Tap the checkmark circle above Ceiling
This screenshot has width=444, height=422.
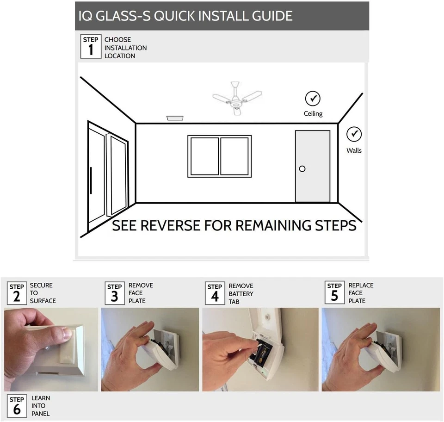[313, 99]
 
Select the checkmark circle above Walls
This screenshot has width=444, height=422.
[354, 135]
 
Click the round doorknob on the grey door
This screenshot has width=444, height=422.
[302, 169]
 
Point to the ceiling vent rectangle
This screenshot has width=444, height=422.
[175, 118]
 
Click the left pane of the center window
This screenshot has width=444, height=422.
[204, 156]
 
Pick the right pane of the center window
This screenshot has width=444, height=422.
[234, 156]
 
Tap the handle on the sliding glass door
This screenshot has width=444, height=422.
[91, 180]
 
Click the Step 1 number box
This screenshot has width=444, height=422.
[91, 47]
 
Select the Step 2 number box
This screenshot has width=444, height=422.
[17, 293]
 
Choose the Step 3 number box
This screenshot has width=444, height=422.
[114, 293]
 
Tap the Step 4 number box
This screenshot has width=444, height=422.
[215, 293]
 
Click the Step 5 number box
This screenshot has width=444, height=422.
[334, 292]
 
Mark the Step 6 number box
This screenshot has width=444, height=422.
[17, 406]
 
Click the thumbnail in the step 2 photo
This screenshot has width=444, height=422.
[65, 335]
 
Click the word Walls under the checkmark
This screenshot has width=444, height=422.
[354, 150]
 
